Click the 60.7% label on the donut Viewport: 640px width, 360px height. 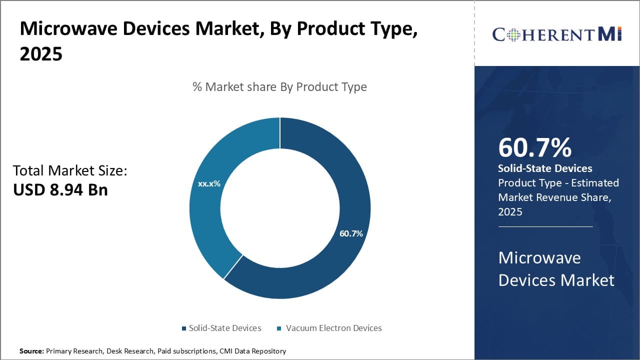[x=351, y=233]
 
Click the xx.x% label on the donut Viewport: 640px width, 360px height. [x=209, y=183]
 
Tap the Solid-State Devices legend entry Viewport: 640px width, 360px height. [x=224, y=328]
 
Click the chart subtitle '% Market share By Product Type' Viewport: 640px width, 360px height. [x=279, y=87]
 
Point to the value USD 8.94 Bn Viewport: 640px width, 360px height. [x=60, y=190]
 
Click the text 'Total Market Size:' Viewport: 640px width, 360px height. [x=70, y=170]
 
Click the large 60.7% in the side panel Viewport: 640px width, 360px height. [x=534, y=147]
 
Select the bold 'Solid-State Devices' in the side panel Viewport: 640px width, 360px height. [x=545, y=168]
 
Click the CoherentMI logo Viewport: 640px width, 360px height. [x=556, y=34]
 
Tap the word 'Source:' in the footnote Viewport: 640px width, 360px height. [x=31, y=351]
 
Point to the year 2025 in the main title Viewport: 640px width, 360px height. [x=41, y=54]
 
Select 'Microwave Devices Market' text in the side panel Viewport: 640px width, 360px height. [x=556, y=269]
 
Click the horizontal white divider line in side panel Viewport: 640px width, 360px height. [x=545, y=226]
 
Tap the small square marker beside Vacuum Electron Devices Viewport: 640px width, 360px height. [x=279, y=328]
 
